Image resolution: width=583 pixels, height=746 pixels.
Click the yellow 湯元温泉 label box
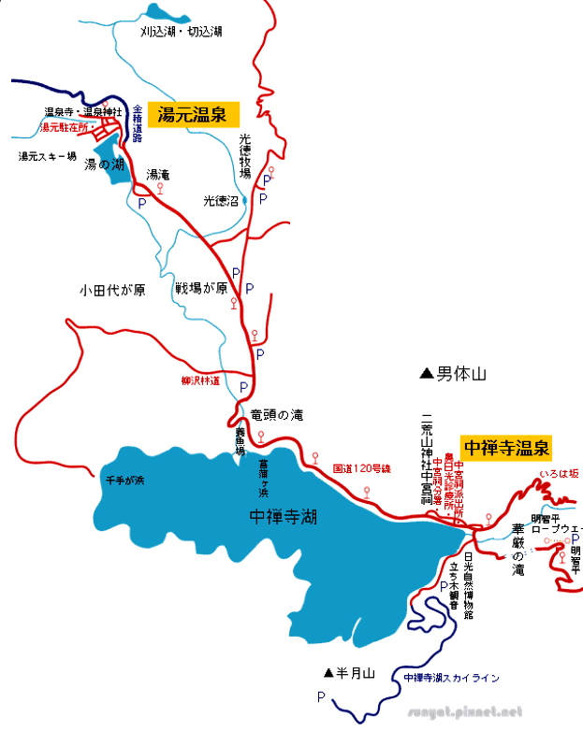[x=198, y=114]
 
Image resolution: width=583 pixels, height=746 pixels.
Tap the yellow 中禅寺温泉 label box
[x=507, y=447]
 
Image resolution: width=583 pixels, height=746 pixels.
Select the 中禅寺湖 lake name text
[x=284, y=516]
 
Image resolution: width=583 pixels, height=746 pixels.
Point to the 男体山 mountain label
[x=463, y=374]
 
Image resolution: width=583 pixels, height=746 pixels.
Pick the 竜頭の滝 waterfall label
[x=277, y=414]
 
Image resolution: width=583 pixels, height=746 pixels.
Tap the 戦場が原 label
[x=202, y=289]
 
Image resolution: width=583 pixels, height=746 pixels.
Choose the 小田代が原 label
[x=112, y=290]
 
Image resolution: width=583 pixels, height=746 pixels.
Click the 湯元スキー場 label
[x=47, y=157]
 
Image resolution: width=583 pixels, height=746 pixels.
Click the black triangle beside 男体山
[x=427, y=374]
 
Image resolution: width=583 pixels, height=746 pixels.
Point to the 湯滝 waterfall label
[x=157, y=175]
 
